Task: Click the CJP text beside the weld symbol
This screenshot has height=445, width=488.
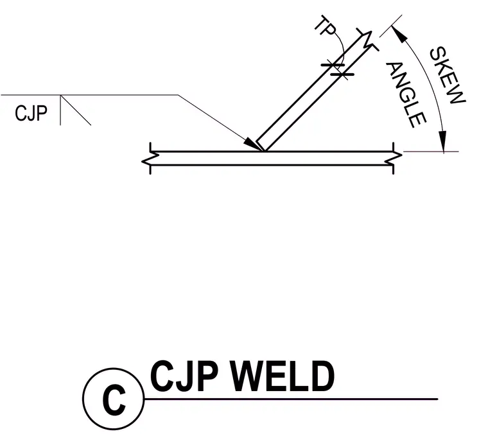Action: pos(31,113)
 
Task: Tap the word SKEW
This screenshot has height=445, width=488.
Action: pos(448,76)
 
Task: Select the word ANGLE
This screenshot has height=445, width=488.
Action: pos(406,95)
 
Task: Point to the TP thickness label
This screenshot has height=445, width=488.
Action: pos(326,26)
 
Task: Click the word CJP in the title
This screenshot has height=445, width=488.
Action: pos(184,376)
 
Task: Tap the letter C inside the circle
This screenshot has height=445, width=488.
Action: pos(114,399)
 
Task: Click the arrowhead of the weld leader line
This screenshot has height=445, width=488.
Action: pos(253,144)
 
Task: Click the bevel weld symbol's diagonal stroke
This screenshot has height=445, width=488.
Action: pos(76,110)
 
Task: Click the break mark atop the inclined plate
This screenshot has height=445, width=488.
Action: pos(367,40)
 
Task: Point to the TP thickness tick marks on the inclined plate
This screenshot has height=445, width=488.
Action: pos(338,70)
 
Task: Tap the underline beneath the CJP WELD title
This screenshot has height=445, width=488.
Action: pos(291,399)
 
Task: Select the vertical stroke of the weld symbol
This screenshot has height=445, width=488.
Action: pos(60,110)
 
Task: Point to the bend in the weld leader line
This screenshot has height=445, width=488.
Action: pos(179,95)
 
